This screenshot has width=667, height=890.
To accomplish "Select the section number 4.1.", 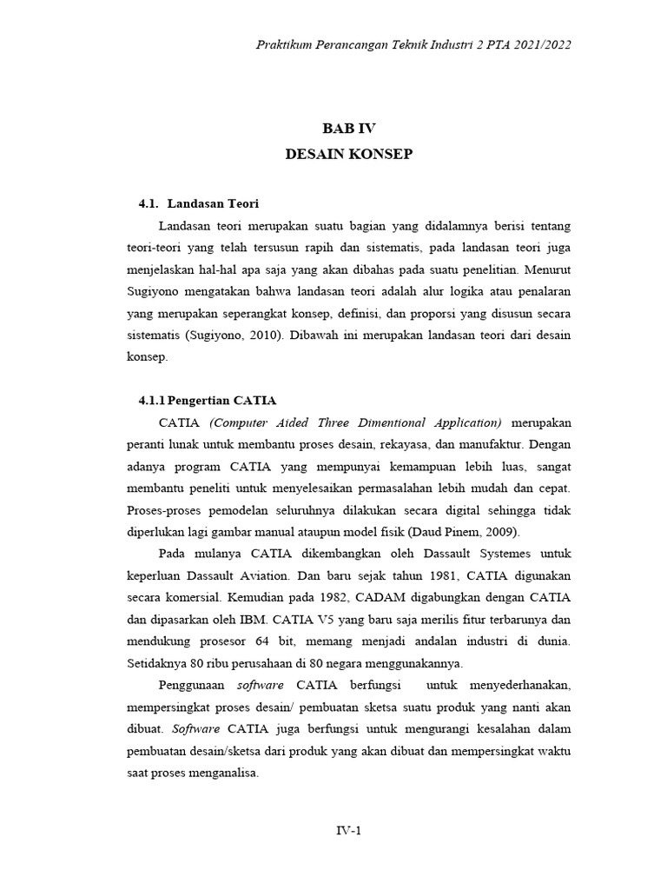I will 150,204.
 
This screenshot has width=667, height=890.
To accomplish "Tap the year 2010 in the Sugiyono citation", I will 310,335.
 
